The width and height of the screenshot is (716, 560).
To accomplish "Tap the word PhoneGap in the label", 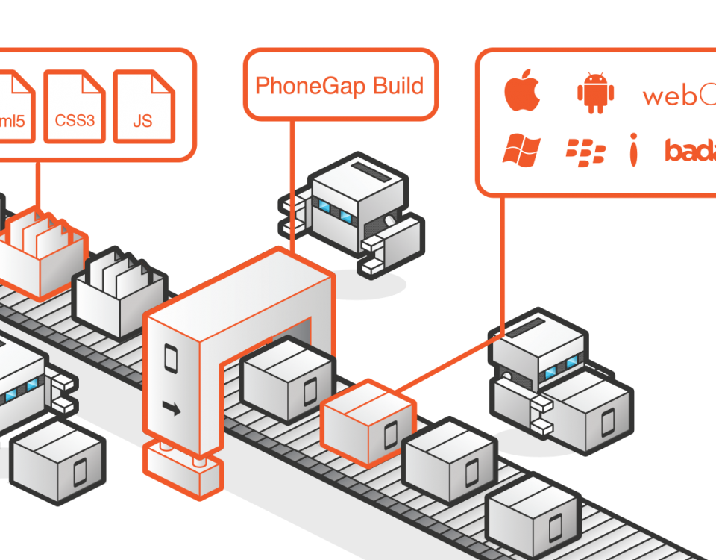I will click(x=306, y=87).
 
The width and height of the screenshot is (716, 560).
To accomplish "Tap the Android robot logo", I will click(x=594, y=93).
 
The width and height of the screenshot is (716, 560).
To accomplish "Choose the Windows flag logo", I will click(x=521, y=151).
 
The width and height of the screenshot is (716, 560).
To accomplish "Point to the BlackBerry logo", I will click(x=585, y=152).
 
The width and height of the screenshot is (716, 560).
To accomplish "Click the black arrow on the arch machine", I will click(x=172, y=408).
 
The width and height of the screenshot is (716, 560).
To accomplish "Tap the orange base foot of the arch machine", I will click(x=183, y=470).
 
